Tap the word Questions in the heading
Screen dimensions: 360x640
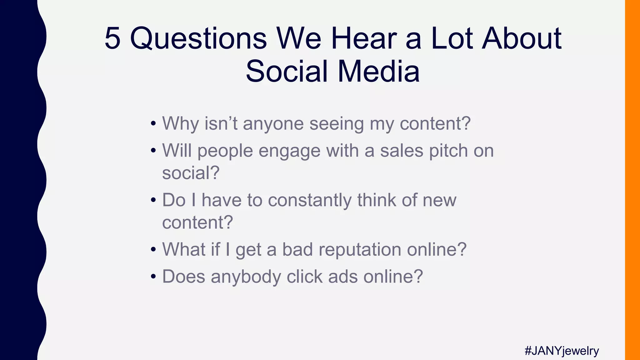click(x=198, y=39)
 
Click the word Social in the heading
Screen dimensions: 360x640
click(x=287, y=71)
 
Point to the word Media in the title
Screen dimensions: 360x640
click(x=378, y=71)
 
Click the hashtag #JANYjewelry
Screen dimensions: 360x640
click(x=562, y=351)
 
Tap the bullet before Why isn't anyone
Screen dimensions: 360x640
click(x=153, y=123)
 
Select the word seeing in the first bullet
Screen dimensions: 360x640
click(x=337, y=124)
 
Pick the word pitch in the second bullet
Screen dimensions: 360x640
click(x=448, y=151)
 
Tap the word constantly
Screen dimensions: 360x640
click(x=310, y=200)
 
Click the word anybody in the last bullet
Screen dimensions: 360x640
click(x=246, y=277)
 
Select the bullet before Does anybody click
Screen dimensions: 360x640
click(x=153, y=277)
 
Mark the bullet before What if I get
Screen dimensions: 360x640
click(x=153, y=250)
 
